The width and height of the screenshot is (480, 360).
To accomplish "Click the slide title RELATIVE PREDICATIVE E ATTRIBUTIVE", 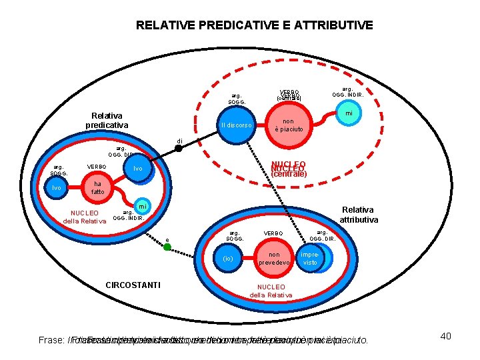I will point(254,26).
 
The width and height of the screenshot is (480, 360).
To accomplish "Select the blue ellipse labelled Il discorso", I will point(236,125).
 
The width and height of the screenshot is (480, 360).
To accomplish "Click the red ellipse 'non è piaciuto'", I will point(289,125).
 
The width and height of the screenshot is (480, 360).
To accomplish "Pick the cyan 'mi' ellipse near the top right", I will point(347,115).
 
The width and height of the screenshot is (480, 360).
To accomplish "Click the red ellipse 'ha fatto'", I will point(98,188).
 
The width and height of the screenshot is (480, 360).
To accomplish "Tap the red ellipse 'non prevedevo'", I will point(279,259).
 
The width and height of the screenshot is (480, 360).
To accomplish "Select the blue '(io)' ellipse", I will point(228,259).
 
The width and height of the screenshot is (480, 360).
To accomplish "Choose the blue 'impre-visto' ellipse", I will point(310,259).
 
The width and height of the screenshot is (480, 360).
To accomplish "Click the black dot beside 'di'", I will point(169,148).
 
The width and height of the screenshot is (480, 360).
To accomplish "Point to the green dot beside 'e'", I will point(167,247).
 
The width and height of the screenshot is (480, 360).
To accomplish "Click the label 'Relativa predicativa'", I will point(107,120).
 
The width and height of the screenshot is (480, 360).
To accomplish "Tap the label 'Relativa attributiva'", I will point(359,214).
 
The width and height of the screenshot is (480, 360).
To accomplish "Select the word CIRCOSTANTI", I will point(133,285).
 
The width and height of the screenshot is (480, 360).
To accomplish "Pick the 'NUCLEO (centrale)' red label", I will point(289,169).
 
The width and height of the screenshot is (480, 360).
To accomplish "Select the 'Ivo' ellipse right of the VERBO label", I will point(137,169).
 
